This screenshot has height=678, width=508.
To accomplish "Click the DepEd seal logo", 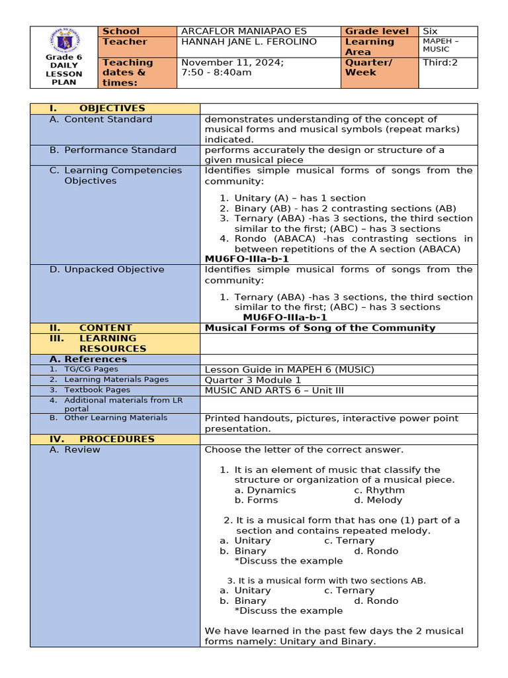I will coord(64,41).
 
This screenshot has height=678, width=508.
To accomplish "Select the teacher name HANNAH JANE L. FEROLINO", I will coord(249,42).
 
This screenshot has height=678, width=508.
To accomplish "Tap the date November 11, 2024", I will coord(232,62).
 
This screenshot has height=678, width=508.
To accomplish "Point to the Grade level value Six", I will coord(431,31).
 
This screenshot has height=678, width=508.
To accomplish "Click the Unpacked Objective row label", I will coord(114,269).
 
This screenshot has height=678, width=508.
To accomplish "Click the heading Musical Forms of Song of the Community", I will coord(320,328).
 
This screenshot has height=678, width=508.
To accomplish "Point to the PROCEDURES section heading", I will coord(116,439).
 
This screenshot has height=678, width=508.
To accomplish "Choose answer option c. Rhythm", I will coord(379,490).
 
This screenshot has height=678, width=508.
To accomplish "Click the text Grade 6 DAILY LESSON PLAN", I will coord(63,70).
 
